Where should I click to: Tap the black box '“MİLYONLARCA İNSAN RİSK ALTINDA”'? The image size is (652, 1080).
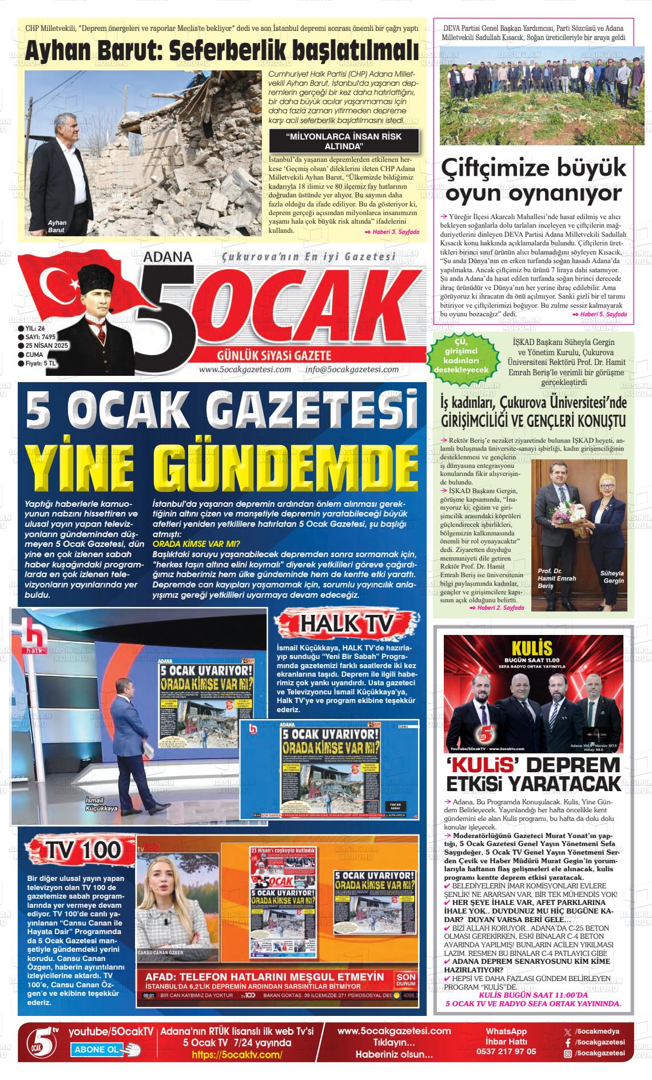click(344, 141)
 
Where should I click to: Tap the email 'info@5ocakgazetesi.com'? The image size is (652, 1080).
click(352, 369)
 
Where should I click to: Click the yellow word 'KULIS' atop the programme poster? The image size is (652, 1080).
click(532, 648)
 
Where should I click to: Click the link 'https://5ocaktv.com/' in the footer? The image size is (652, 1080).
click(237, 1055)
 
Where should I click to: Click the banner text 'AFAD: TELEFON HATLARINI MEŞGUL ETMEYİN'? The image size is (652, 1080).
click(264, 976)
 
